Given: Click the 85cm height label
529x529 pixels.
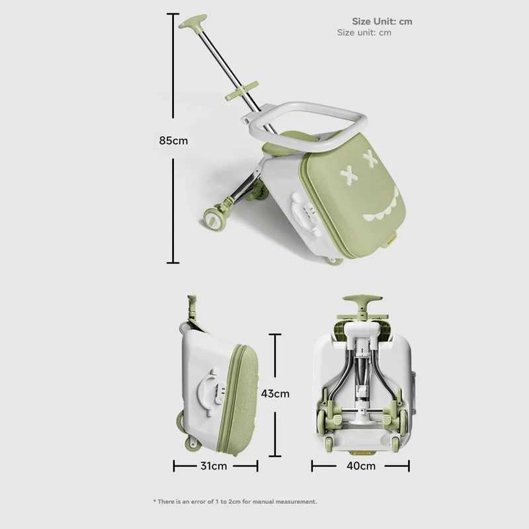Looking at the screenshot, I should click(x=173, y=140).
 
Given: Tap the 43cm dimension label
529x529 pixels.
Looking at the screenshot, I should click(x=275, y=393).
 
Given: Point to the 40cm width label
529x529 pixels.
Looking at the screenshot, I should click(x=361, y=466).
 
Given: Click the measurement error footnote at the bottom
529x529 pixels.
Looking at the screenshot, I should click(x=235, y=501).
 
